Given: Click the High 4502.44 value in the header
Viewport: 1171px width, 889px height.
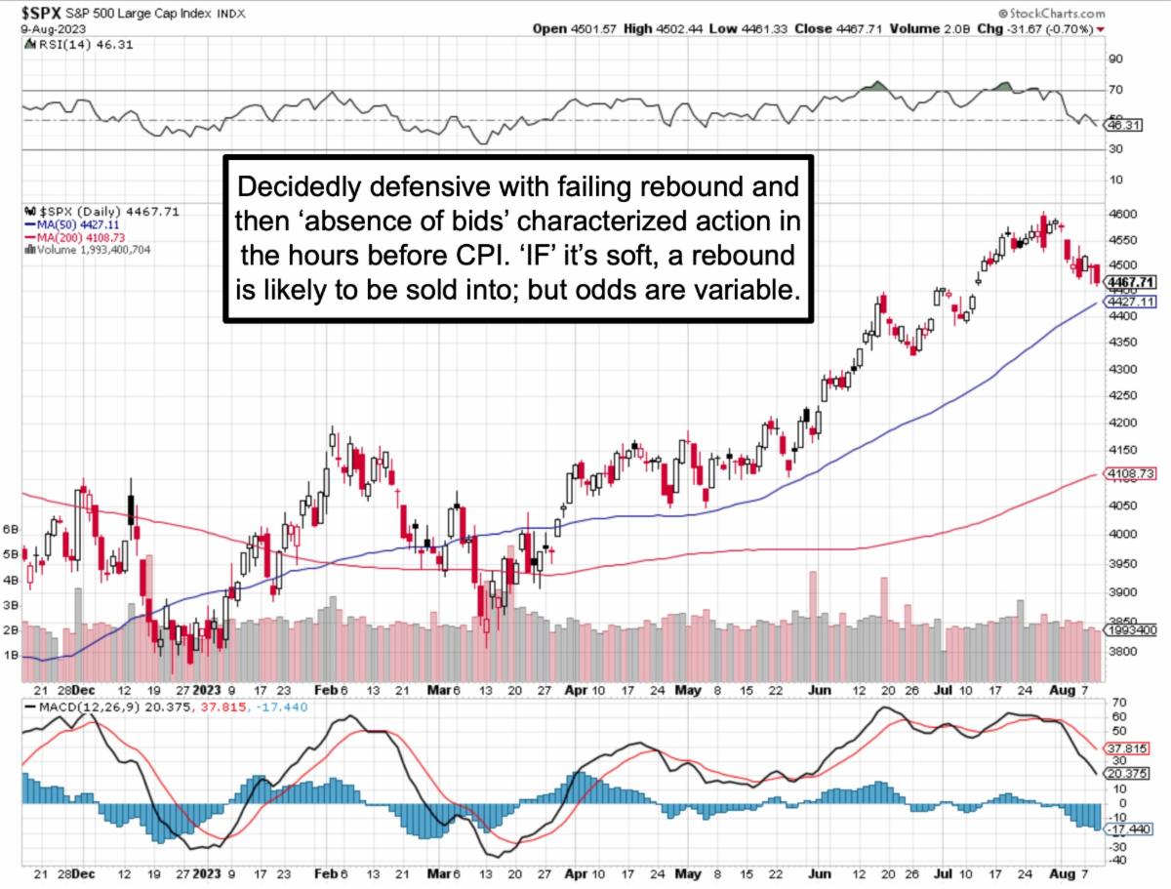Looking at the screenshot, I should click(x=660, y=29).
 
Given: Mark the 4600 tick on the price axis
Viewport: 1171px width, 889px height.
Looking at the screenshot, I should click(x=1122, y=213).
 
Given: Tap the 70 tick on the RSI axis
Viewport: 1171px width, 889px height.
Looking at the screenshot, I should click(x=1115, y=90).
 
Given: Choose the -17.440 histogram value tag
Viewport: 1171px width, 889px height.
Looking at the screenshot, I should click(x=1126, y=828).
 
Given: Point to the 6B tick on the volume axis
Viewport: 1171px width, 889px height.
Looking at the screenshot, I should click(x=12, y=529).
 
